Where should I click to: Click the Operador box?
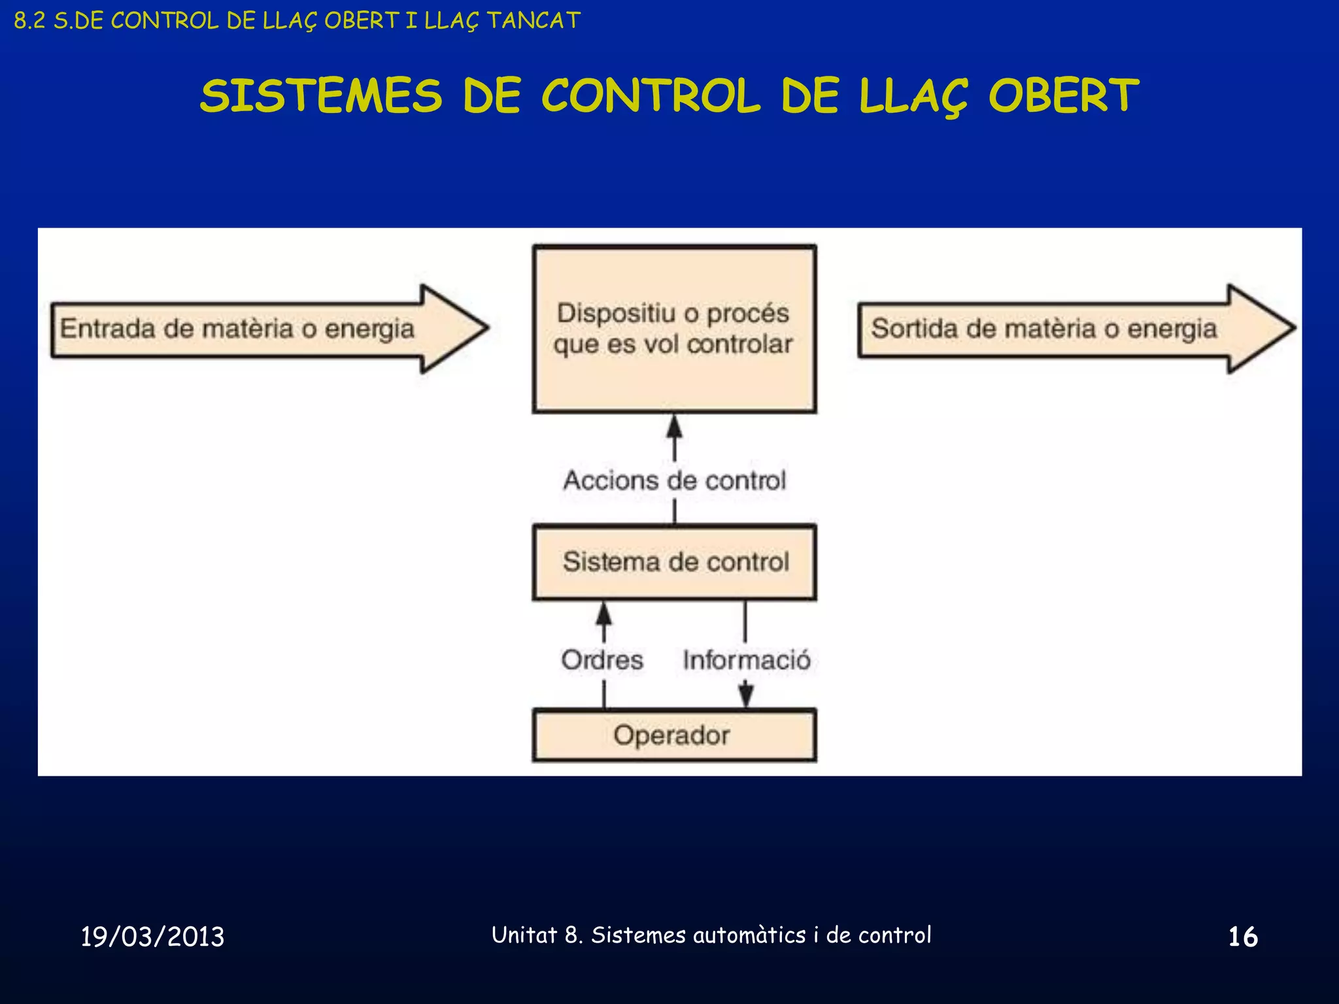pyautogui.click(x=674, y=735)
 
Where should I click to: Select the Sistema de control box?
pyautogui.click(x=674, y=562)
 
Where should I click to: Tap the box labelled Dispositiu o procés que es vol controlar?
pyautogui.click(x=674, y=329)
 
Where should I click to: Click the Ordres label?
pyautogui.click(x=602, y=660)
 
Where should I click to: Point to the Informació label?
pyautogui.click(x=746, y=660)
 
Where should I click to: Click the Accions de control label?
pyautogui.click(x=674, y=480)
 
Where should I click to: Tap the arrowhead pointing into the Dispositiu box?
pyautogui.click(x=674, y=427)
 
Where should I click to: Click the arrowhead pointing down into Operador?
pyautogui.click(x=746, y=695)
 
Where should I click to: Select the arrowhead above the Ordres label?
pyautogui.click(x=604, y=614)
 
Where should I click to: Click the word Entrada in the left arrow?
pyautogui.click(x=107, y=328)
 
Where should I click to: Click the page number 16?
pyautogui.click(x=1242, y=937)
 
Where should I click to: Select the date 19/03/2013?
pyautogui.click(x=152, y=937)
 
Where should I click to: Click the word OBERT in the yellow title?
pyautogui.click(x=1063, y=96)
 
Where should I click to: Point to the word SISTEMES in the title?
pyautogui.click(x=322, y=96)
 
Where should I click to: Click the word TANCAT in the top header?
pyautogui.click(x=534, y=21)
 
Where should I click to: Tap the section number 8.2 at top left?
pyautogui.click(x=29, y=21)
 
